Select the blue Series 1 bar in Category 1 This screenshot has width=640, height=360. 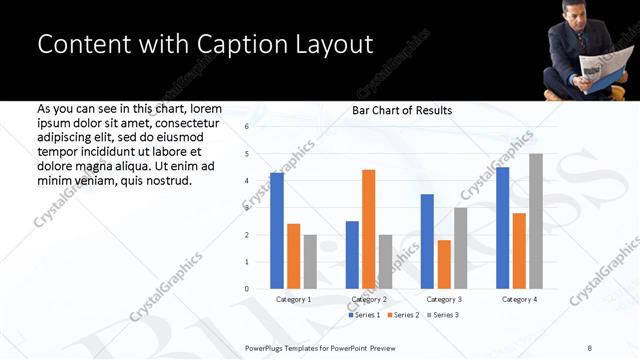(277, 230)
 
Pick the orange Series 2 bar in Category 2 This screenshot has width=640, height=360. (368, 229)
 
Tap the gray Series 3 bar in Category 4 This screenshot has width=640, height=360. (536, 221)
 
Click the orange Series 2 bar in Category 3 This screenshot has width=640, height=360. (444, 264)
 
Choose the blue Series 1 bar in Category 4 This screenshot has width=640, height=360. (502, 228)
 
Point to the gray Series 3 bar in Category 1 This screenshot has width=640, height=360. (310, 261)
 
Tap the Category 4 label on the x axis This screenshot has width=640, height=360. (519, 299)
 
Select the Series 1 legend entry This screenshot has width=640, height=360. (365, 315)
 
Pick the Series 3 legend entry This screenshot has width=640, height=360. (443, 315)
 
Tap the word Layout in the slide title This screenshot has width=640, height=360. (331, 45)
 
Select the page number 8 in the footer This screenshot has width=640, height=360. (590, 347)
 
